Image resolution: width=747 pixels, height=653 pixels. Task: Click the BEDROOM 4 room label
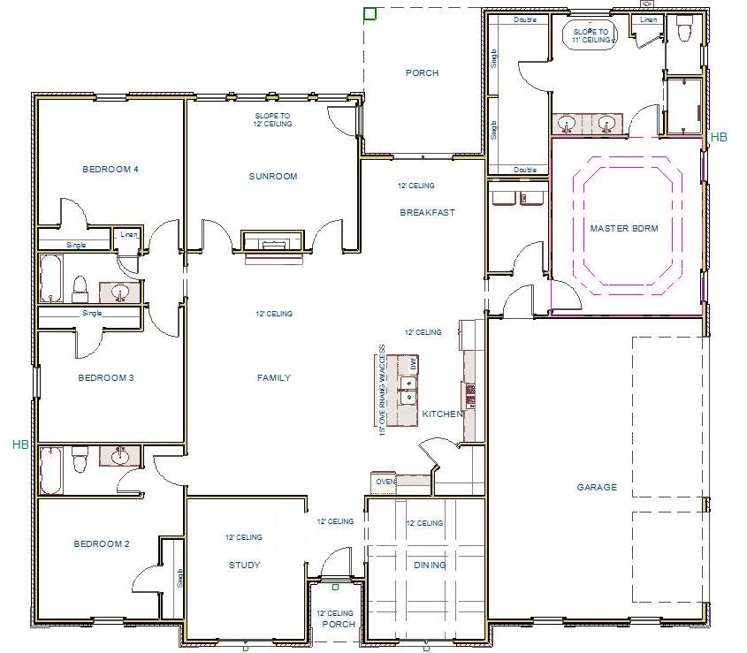(111, 169)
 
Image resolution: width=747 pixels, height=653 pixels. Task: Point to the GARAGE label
(597, 487)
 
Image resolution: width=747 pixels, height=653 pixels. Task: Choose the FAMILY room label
(273, 378)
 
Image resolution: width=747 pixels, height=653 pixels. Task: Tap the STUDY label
(244, 566)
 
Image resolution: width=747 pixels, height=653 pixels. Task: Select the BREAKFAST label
(427, 212)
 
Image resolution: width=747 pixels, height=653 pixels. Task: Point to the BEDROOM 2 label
(102, 544)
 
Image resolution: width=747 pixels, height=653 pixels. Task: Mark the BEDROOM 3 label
(105, 378)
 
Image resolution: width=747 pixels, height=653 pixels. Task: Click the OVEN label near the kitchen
(385, 482)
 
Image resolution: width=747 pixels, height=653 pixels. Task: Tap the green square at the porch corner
(370, 12)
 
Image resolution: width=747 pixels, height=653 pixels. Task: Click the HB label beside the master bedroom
(720, 137)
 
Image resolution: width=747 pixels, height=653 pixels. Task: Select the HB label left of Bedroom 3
(20, 444)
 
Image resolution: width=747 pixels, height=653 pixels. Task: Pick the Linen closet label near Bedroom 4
(129, 235)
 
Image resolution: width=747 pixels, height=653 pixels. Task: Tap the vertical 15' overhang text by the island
(383, 389)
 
